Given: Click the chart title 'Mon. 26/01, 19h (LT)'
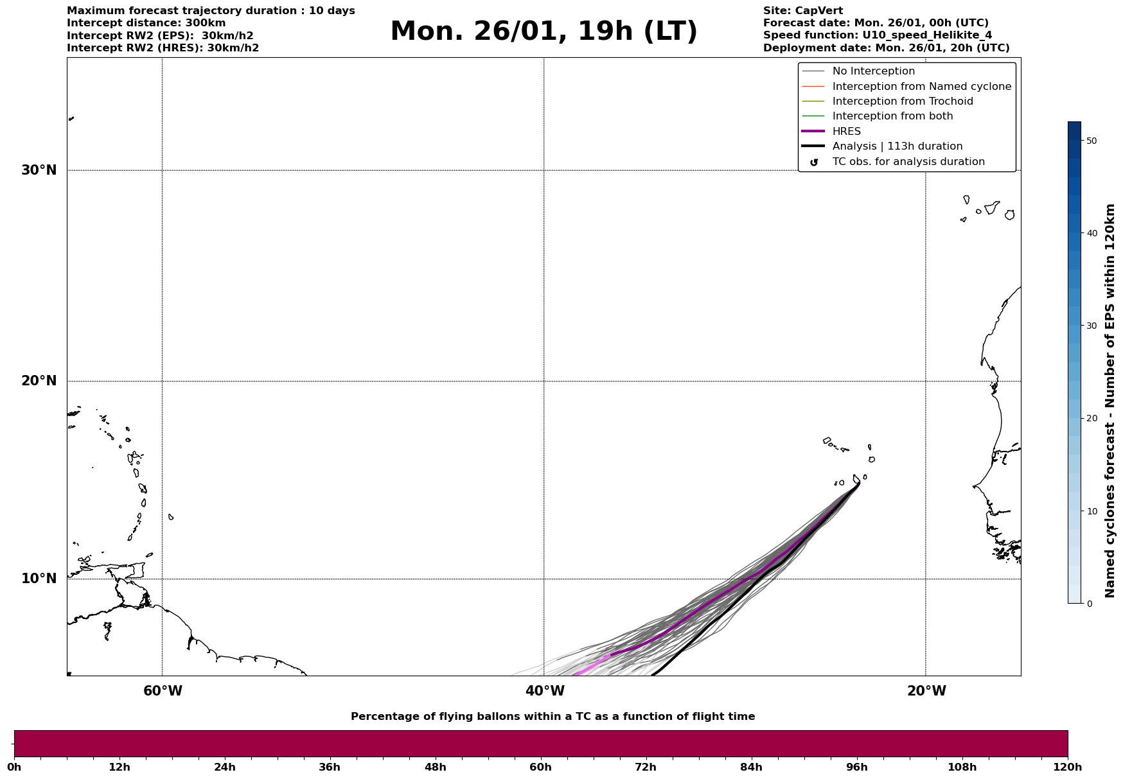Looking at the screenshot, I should tap(544, 31).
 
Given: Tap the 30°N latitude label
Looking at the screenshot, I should tap(39, 170).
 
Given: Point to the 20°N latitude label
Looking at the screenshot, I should tap(39, 381).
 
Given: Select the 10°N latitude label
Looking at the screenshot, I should tap(39, 579).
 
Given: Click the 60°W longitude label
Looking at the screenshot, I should tap(163, 691).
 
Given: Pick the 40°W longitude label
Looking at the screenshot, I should tap(545, 691).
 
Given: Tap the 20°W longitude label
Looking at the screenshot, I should tap(926, 691).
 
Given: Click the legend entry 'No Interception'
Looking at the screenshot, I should tap(873, 71).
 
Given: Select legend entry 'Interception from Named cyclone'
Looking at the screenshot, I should tap(921, 87).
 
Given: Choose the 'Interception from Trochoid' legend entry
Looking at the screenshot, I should tap(902, 101).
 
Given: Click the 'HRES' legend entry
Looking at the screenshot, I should tap(846, 132).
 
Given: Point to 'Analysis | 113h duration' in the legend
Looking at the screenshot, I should tap(897, 146).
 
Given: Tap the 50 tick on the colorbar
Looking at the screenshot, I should tap(1091, 141).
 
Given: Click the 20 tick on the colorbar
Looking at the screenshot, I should tap(1091, 419).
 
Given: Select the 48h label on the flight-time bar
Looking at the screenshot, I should tap(435, 767).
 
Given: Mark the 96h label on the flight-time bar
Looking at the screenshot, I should tap(856, 767).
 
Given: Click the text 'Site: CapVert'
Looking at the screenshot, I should tap(802, 11).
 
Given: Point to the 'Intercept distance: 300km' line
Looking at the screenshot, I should tap(146, 23).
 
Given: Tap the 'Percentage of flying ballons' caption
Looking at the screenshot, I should tap(553, 717).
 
